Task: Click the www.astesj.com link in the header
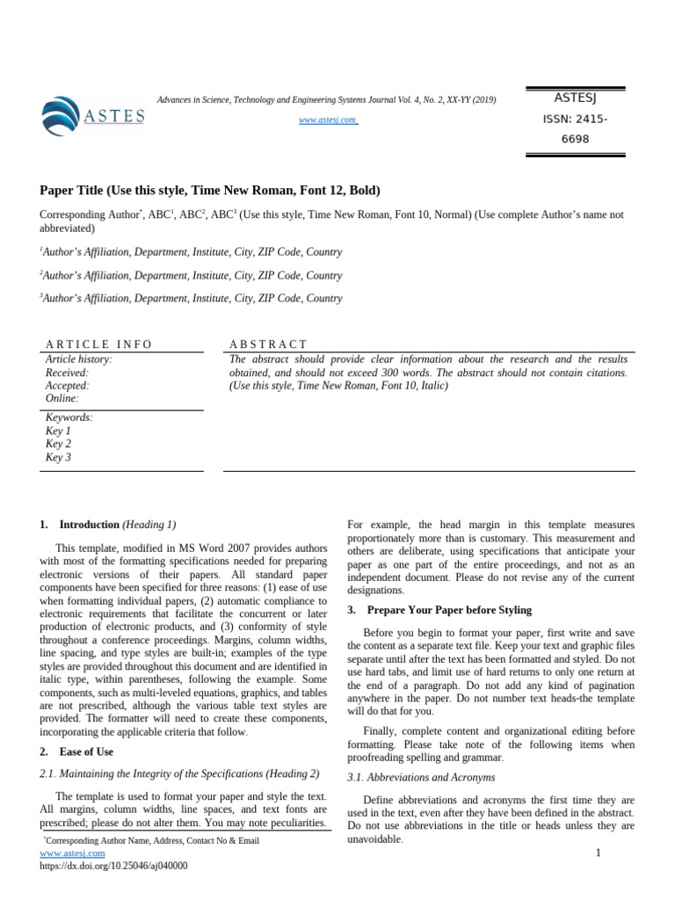point(328,120)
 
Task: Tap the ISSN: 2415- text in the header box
point(575,120)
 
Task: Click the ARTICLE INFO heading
point(99,345)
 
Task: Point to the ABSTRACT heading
point(268,345)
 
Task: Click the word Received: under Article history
point(67,373)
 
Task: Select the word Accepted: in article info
point(67,386)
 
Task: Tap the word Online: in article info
point(62,399)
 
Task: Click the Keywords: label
point(69,417)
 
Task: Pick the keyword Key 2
point(58,444)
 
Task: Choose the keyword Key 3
point(58,457)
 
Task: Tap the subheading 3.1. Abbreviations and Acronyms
point(421,778)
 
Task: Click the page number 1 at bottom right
point(598,853)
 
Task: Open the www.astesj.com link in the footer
point(73,853)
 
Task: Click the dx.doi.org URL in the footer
point(113,866)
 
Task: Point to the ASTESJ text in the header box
point(575,98)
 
